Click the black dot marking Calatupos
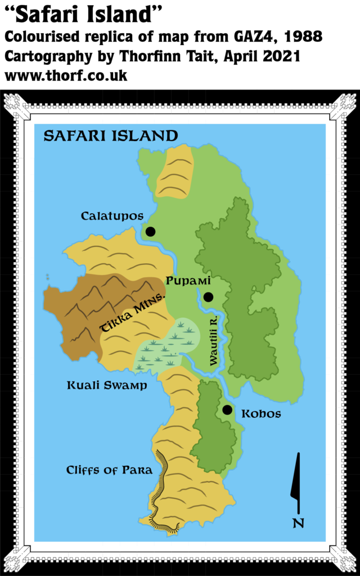150,231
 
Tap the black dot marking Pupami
208,297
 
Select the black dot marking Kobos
227,409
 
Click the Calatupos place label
112,216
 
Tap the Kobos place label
261,414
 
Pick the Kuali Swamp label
107,385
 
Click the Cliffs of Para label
109,470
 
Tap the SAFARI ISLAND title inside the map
111,136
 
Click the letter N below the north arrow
298,523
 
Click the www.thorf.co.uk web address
66,75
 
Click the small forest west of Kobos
214,427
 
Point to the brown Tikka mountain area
84,315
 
